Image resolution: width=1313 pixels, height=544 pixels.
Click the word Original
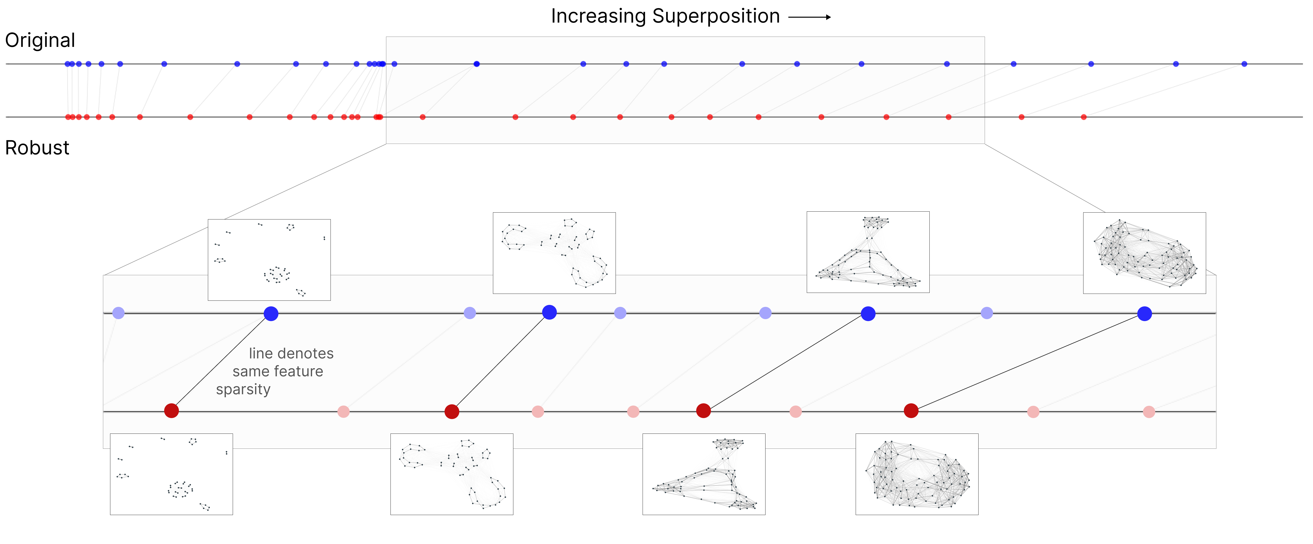tap(40, 40)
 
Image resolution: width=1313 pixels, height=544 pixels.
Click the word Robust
tap(37, 148)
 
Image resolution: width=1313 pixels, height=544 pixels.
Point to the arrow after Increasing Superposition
tap(809, 17)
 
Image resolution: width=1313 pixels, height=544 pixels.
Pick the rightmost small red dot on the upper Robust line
tap(1084, 117)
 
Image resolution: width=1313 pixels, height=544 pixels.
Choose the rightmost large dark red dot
tap(911, 410)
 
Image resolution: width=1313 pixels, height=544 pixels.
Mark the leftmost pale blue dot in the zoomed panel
tap(118, 313)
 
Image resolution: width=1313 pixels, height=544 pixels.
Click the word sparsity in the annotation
tap(243, 390)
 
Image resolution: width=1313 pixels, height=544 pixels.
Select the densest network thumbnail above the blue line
tap(1144, 253)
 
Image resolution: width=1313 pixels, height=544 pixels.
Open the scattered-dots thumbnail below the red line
tap(171, 474)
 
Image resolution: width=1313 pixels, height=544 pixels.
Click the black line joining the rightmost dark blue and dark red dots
tap(1027, 362)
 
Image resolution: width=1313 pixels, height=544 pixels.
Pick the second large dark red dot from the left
tap(452, 412)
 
